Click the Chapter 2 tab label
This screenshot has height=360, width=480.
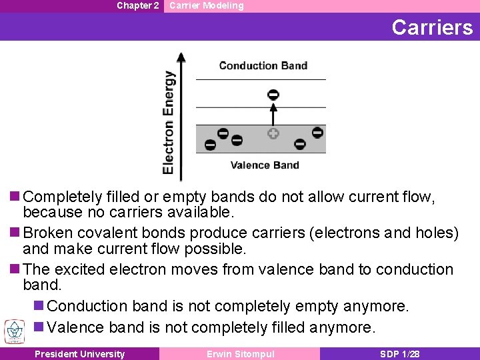[x=137, y=5]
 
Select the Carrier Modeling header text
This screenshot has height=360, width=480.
[x=207, y=5]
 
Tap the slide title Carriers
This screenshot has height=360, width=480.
[x=432, y=27]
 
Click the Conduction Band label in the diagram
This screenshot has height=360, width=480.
[x=263, y=65]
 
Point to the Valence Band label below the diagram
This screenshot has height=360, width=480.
[x=265, y=165]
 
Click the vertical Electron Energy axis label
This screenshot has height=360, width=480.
[x=169, y=123]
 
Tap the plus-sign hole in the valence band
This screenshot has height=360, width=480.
[x=273, y=134]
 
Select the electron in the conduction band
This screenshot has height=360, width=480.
[x=273, y=94]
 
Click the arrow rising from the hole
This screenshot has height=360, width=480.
[x=273, y=115]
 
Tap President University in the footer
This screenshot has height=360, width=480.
[x=79, y=354]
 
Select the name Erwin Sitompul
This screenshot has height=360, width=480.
[x=241, y=354]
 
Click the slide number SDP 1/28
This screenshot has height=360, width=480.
[x=399, y=354]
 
